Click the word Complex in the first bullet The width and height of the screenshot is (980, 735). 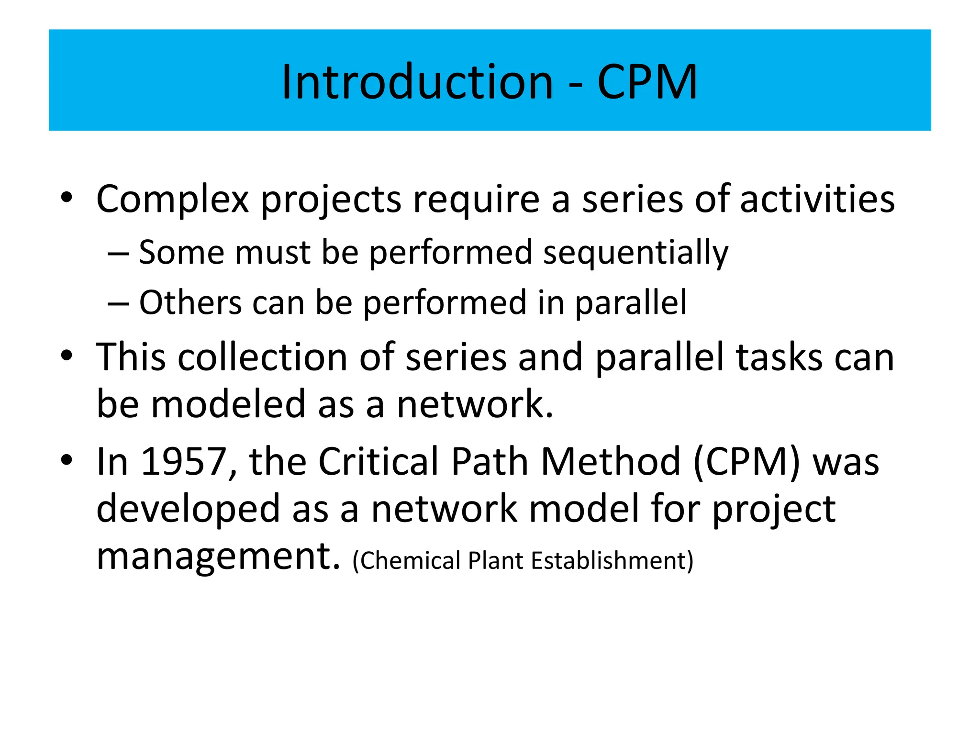pyautogui.click(x=172, y=199)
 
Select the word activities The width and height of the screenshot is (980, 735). pyautogui.click(x=817, y=199)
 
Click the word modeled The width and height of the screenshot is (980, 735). pyautogui.click(x=228, y=404)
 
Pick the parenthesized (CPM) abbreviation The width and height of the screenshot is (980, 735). pyautogui.click(x=746, y=462)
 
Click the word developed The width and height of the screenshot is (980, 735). pyautogui.click(x=188, y=510)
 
